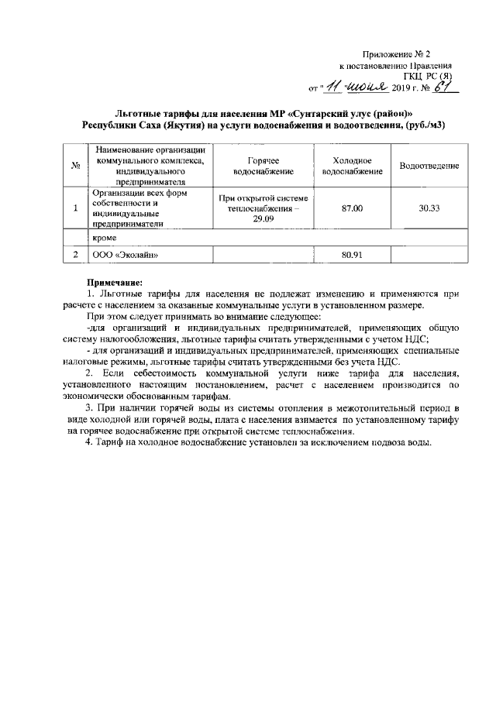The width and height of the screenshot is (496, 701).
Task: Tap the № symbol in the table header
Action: pos(76,166)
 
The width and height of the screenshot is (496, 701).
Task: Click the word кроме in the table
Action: pos(104,239)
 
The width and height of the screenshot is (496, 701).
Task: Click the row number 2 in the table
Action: pos(76,253)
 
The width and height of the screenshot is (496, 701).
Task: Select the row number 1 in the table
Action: pos(76,208)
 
